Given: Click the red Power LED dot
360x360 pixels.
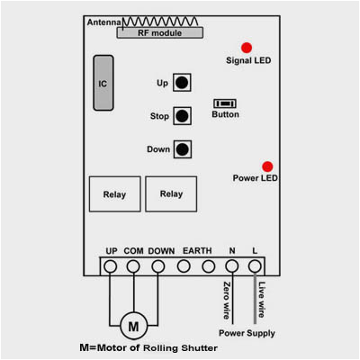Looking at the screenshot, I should coord(267,166).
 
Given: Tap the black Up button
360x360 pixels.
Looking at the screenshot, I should coord(183,84).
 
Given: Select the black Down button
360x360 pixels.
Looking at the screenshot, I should coord(183,149).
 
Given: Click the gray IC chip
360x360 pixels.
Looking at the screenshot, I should coord(103,83).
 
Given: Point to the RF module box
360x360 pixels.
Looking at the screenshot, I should coord(157,31).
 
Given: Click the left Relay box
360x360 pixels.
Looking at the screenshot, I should coord(114,193).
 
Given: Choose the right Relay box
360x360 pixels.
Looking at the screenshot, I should coord(171,193).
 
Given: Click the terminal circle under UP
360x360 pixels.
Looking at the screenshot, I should coord(111,266).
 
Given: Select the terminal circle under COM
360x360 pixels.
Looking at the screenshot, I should coord(134,266).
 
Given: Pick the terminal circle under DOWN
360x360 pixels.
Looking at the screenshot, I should coord(158,266).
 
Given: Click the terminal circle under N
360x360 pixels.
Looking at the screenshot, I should coord(231,266).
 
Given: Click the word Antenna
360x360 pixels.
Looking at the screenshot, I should coord(103,22).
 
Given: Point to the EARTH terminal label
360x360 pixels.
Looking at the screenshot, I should coord(197,250).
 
